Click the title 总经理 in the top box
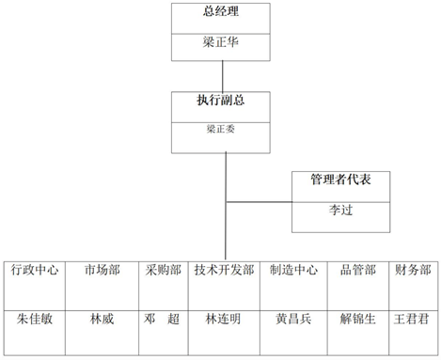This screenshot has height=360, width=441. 221,11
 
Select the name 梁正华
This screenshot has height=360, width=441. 221,42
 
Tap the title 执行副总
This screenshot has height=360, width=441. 221,101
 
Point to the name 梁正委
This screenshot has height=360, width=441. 221,129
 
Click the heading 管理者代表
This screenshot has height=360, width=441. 340,180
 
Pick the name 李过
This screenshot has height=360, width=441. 340,210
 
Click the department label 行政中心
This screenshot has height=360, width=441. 35,270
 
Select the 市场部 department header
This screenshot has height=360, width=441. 102,270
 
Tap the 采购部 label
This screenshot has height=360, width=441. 164,270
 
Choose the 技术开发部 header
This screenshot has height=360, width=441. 224,270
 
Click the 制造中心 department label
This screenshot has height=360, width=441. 293,270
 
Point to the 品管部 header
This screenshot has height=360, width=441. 358,270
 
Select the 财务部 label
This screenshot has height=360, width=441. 413,270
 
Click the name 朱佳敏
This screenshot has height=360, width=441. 35,319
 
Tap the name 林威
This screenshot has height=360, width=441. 102,319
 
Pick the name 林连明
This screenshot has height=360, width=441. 223,319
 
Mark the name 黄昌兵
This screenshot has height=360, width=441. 293,319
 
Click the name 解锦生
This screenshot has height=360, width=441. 358,319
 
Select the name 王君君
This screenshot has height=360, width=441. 411,319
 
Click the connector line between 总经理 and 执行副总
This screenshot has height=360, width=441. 223,76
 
